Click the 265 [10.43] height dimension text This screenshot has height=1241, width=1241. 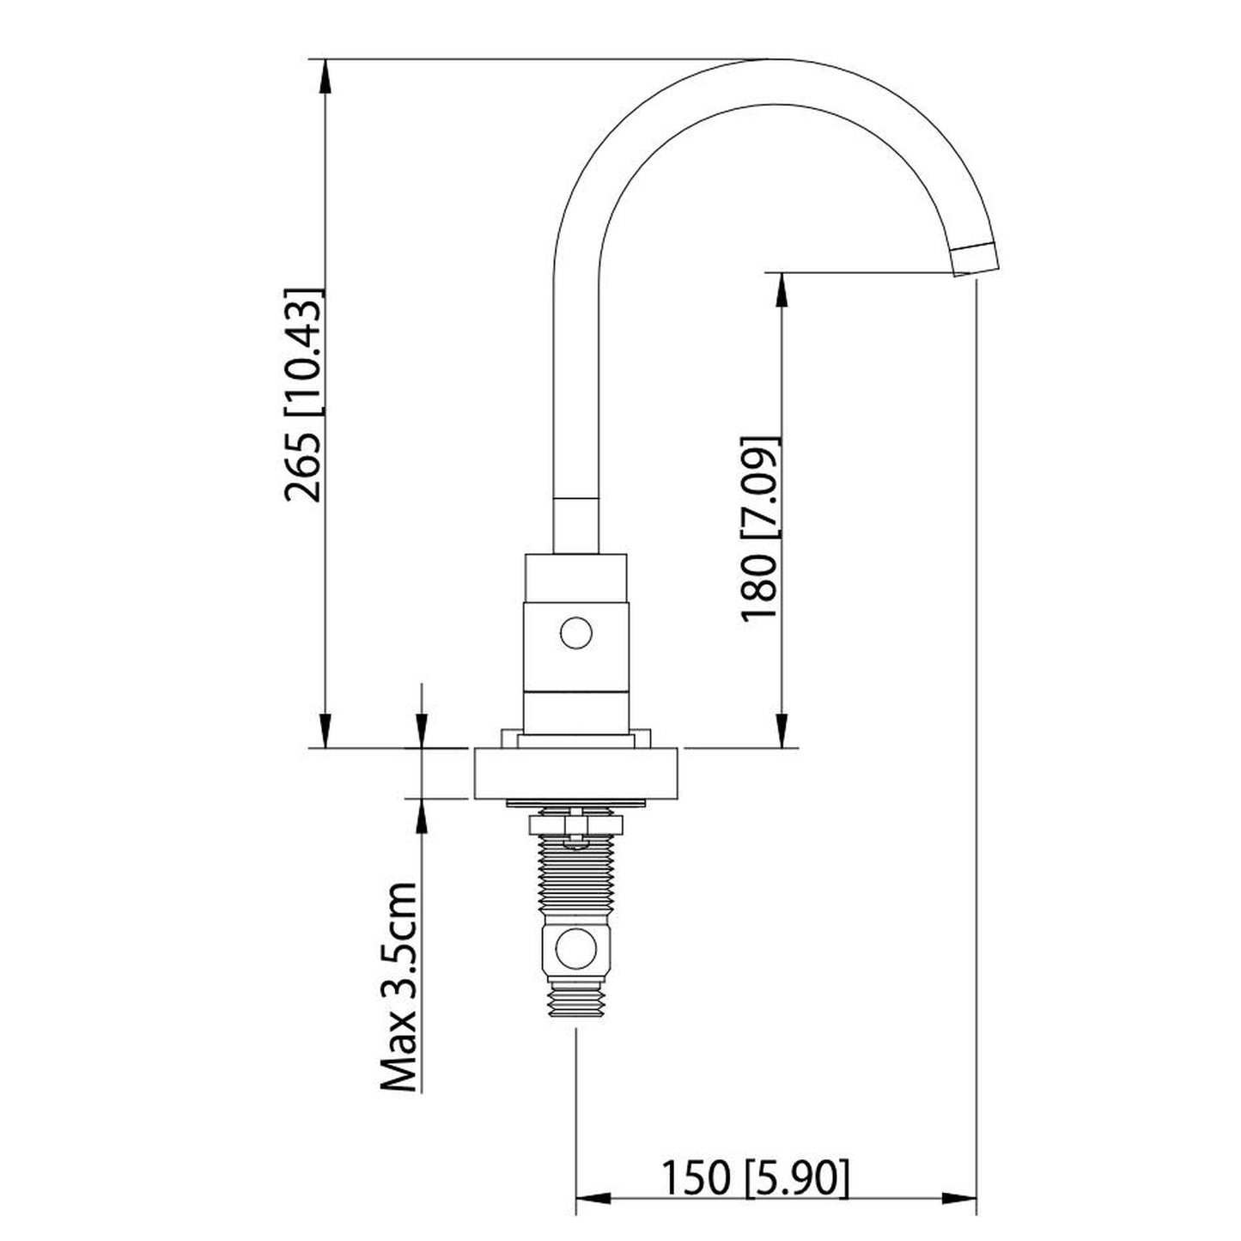point(305,393)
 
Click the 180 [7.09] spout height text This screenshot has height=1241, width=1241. point(759,529)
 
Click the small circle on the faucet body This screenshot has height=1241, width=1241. point(575,635)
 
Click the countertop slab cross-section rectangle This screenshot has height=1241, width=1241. point(576,774)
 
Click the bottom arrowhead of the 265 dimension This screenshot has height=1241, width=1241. point(325,731)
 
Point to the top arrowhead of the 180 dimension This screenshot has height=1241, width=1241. point(781,289)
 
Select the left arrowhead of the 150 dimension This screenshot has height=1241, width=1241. point(591,1198)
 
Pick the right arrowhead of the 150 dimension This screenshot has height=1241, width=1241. point(960,1198)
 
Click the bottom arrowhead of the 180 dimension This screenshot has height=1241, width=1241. point(781,731)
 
